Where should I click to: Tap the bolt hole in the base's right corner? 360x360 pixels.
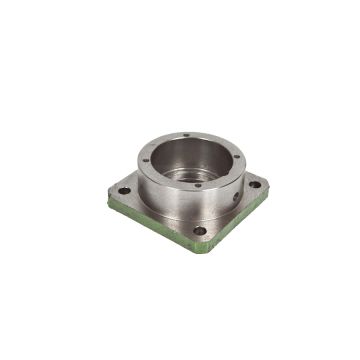[x=255, y=184]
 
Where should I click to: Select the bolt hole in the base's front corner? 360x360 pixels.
[x=199, y=230]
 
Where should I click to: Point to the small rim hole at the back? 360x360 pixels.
[x=186, y=135]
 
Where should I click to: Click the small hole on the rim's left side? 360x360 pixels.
[x=146, y=160]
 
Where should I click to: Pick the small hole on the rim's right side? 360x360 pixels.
[x=236, y=157]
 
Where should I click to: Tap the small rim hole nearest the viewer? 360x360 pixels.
[x=197, y=184]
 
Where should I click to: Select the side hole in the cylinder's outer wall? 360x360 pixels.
[x=236, y=196]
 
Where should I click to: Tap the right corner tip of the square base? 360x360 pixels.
[x=268, y=191]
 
